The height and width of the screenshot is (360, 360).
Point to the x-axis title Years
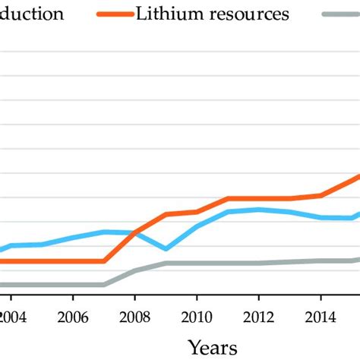point(213,347)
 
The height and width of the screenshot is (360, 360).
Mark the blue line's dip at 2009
point(166,248)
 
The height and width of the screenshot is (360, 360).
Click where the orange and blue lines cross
point(134,232)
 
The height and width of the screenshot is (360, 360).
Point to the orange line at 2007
point(103,261)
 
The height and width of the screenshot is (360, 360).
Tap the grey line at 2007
point(103,285)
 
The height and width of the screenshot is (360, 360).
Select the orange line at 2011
point(228,198)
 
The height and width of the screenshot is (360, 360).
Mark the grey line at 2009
point(166,264)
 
